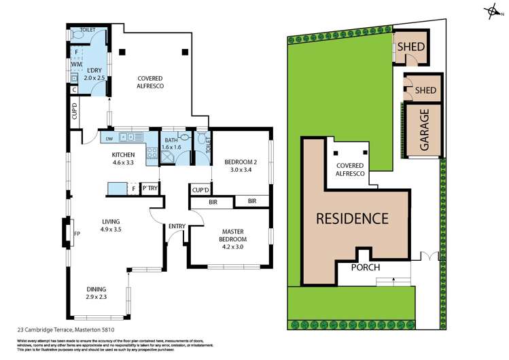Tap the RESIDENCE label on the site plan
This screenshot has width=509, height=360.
[351, 219]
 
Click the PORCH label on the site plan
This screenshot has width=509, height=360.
[364, 267]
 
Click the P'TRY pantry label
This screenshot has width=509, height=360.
[150, 189]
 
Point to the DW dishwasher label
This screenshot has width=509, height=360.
[108, 138]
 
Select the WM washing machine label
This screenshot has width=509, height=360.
[76, 65]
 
